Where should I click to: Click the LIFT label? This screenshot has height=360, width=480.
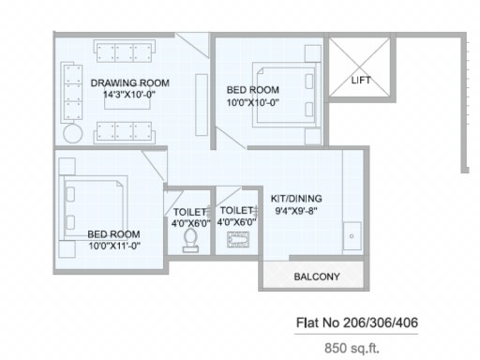click(361, 81)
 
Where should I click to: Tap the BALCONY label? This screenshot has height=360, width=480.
click(317, 277)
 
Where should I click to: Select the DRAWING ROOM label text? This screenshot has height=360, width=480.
click(130, 83)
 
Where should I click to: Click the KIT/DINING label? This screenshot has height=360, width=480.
click(296, 199)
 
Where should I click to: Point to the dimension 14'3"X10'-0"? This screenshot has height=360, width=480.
click(129, 95)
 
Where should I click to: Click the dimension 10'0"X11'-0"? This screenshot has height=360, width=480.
click(114, 246)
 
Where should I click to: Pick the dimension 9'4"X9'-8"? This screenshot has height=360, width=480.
click(296, 211)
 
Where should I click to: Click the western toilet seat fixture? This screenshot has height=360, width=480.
click(190, 240)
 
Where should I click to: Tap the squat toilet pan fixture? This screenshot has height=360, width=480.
click(238, 239)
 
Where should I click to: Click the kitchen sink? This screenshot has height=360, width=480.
click(352, 236)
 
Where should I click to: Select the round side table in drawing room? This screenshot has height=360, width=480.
click(73, 133)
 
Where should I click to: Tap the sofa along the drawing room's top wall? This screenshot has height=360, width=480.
click(125, 52)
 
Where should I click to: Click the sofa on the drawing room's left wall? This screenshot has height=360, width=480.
click(71, 92)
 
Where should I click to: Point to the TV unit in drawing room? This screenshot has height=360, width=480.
click(202, 105)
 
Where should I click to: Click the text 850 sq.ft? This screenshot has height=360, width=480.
click(352, 348)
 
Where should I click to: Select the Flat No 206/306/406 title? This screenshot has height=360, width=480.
click(357, 322)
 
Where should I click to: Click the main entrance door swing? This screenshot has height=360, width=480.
click(192, 45)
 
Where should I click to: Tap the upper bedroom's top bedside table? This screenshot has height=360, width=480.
click(313, 53)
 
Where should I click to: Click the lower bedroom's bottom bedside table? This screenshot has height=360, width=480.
click(67, 249)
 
